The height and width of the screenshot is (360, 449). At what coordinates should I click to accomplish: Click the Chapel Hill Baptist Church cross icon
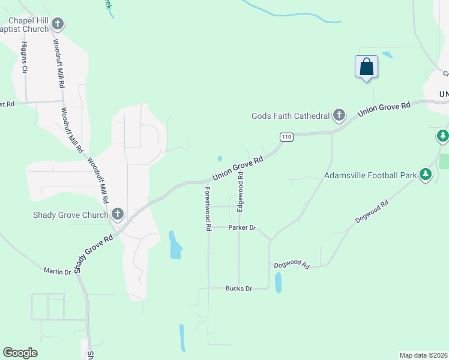point(58,25)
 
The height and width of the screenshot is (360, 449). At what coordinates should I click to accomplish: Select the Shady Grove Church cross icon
point(118,214)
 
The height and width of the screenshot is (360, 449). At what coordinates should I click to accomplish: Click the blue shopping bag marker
point(366,67)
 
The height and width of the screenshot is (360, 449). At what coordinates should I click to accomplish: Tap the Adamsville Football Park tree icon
point(426,175)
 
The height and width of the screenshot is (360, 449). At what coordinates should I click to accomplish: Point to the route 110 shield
point(286,137)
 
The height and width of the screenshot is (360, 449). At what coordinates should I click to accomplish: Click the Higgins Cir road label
point(25,58)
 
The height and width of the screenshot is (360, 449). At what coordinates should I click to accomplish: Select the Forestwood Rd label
point(208,208)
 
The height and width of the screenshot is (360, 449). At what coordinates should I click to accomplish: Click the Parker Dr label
point(242,228)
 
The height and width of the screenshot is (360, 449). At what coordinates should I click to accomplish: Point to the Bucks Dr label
point(238,289)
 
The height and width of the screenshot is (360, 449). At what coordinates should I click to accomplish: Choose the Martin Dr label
point(57,272)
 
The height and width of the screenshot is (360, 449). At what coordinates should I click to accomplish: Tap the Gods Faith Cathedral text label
point(291,116)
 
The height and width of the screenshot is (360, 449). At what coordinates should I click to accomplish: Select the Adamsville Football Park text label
point(370,176)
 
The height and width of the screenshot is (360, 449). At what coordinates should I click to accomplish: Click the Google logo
point(20,353)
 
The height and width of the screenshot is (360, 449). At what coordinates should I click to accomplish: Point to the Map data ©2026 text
point(424,355)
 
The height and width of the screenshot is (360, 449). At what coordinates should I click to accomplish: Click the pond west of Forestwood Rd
point(175,245)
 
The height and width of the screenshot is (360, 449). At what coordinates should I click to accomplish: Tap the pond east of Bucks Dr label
point(278,283)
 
